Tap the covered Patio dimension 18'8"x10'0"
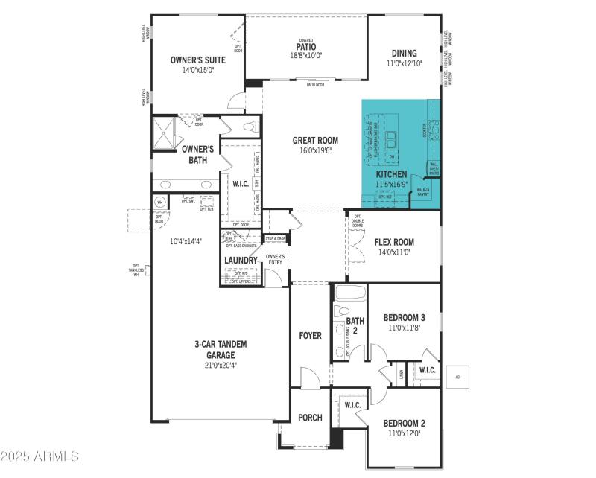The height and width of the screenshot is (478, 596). pyautogui.click(x=306, y=55)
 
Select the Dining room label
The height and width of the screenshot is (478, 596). pyautogui.click(x=405, y=54)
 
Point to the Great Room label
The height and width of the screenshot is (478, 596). pyautogui.click(x=315, y=140)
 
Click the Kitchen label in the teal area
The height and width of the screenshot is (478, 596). pyautogui.click(x=391, y=174)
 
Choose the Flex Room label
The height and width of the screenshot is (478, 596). pyautogui.click(x=395, y=242)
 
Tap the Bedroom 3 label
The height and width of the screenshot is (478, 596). pyautogui.click(x=404, y=317)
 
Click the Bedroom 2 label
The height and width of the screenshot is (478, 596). pyautogui.click(x=404, y=422)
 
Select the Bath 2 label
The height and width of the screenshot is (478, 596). pyautogui.click(x=355, y=326)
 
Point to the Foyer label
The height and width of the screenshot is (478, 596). pyautogui.click(x=310, y=336)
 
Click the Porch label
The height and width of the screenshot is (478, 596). pyautogui.click(x=310, y=418)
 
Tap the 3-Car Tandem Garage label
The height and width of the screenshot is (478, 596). pyautogui.click(x=221, y=349)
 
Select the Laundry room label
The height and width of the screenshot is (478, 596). pyautogui.click(x=241, y=261)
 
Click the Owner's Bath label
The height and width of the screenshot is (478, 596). pyautogui.click(x=198, y=154)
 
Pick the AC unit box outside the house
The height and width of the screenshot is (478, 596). pyautogui.click(x=458, y=377)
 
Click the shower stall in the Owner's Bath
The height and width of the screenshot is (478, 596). pyautogui.click(x=165, y=133)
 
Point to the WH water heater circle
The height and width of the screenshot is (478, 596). pyautogui.click(x=159, y=202)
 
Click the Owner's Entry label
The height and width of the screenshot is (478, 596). pyautogui.click(x=276, y=259)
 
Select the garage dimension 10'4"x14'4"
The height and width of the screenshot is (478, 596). pyautogui.click(x=186, y=241)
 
